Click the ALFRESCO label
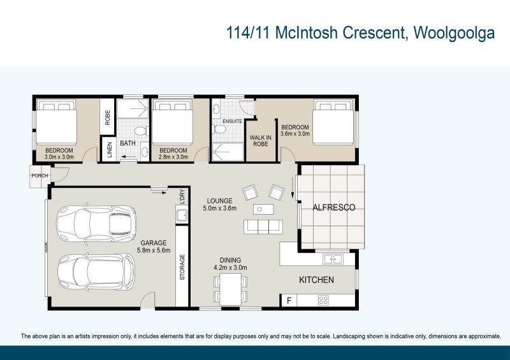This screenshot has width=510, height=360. point(333,208)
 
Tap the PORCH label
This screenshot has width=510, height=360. point(40,176)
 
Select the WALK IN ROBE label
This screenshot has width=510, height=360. point(259,140)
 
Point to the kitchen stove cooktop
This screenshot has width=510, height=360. point(323,300)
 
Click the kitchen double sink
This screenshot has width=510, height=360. point(332,259)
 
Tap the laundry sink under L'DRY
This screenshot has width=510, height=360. point(182,215)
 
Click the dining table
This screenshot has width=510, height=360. point(231,291)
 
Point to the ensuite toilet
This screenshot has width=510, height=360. point(221,130)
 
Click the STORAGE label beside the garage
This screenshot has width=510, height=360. point(182,268)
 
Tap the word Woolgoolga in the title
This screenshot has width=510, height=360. point(454,33)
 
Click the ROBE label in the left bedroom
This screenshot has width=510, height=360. point(108,117)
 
